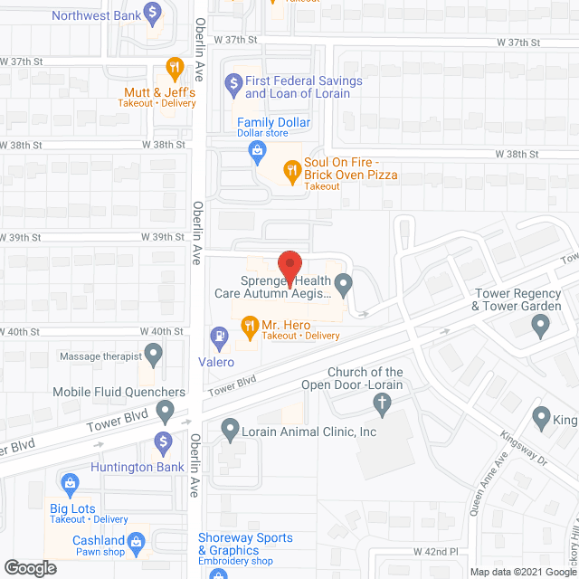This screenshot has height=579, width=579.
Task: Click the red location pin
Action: click(289, 268)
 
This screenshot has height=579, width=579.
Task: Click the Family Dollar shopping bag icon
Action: click(258, 149)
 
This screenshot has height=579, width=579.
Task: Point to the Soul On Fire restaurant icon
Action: click(291, 167)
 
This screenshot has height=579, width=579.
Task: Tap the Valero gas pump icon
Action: click(218, 337)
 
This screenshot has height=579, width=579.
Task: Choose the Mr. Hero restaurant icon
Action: click(247, 324)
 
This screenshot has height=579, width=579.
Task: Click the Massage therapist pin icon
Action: click(153, 352)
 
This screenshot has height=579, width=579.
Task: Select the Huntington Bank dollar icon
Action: click(164, 442)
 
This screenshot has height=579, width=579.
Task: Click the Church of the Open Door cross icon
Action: click(383, 403)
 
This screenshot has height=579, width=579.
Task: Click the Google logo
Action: click(29, 567)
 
